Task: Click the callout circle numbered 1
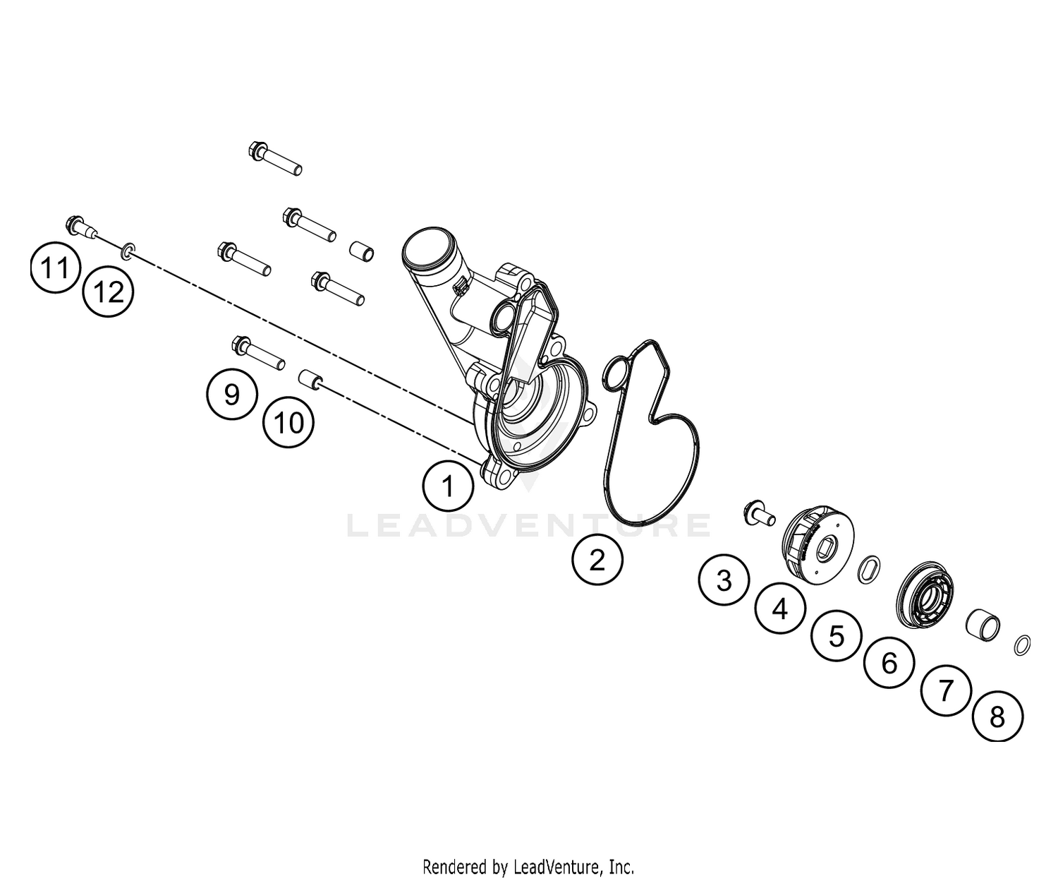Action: pos(448,486)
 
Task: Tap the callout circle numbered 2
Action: pos(597,560)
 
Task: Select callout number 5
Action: pos(836,635)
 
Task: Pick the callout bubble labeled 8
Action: pos(997,717)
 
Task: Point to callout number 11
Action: pos(55,268)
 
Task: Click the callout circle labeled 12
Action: pos(109,292)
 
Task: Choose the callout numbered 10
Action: pos(288,422)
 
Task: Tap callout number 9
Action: pos(232,394)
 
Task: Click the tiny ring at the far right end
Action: pos(1022,645)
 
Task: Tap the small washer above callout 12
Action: pos(128,250)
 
